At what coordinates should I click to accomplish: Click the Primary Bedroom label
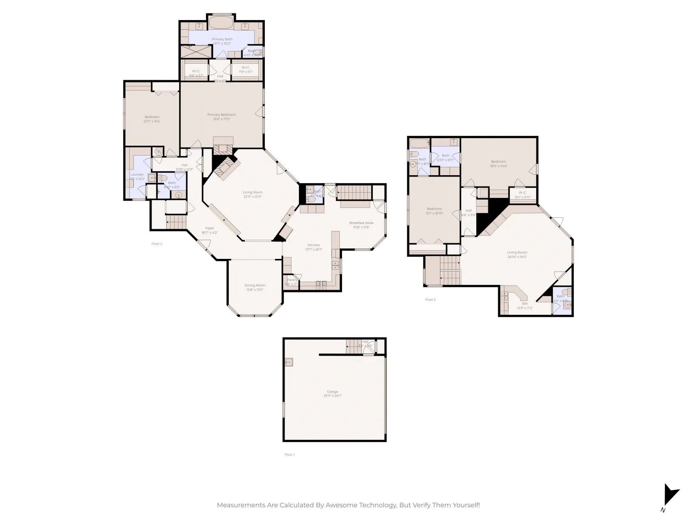click(221, 115)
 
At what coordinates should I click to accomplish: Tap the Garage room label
click(332, 392)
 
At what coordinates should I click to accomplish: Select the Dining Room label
click(255, 285)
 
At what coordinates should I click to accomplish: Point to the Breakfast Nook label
click(361, 223)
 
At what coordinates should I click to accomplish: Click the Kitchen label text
click(314, 245)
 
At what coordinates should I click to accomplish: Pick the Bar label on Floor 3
click(524, 303)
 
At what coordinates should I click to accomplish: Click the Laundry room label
click(137, 174)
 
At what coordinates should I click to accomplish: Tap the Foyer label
click(210, 228)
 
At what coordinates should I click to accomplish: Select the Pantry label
click(292, 280)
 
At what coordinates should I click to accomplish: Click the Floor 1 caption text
click(289, 455)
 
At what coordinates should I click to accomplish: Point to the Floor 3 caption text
click(430, 299)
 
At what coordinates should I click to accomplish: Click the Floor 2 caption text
click(156, 244)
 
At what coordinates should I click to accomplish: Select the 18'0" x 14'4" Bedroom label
click(498, 162)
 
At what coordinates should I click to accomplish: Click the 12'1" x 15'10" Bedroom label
click(434, 209)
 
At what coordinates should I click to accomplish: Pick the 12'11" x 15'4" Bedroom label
click(152, 117)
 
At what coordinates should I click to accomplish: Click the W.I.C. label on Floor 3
click(522, 192)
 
